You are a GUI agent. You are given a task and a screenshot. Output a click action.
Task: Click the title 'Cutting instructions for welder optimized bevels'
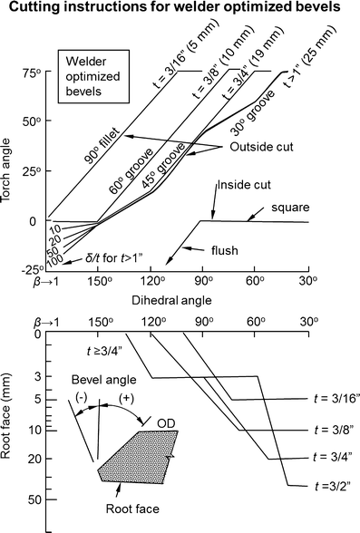(180, 10)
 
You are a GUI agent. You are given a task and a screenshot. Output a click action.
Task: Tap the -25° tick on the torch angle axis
(30, 269)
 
